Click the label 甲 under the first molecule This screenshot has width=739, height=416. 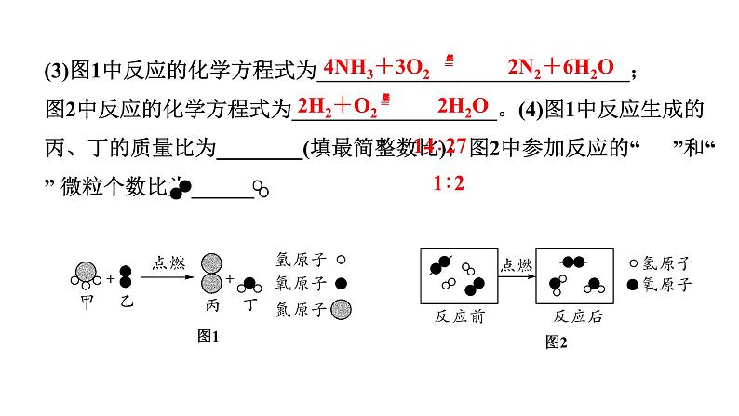(87, 302)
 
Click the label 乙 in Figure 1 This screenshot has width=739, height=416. (128, 302)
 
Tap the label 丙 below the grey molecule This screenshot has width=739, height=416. (213, 305)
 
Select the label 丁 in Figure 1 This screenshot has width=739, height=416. (249, 305)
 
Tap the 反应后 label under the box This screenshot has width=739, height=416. (578, 316)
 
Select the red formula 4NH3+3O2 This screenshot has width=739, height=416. (376, 69)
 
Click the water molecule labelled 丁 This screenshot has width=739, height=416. (249, 287)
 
